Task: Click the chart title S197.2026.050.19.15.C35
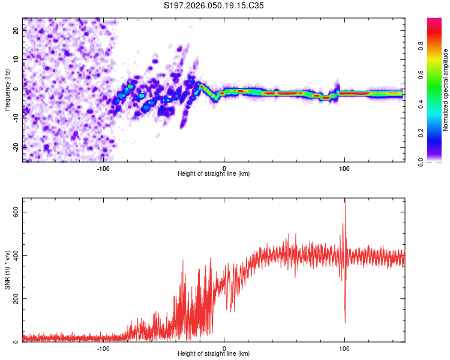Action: click(x=214, y=5)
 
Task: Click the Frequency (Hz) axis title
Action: click(x=7, y=89)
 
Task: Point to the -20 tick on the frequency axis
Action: click(x=14, y=146)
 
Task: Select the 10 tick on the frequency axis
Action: click(x=16, y=60)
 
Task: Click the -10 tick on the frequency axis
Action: click(x=14, y=118)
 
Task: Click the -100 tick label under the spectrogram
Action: click(x=103, y=168)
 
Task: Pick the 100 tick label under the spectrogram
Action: click(x=344, y=168)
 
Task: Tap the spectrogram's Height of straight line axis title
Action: click(x=214, y=174)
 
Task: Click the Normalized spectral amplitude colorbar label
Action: click(x=446, y=90)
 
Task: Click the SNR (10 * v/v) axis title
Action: click(x=7, y=270)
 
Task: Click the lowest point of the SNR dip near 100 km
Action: click(x=345, y=323)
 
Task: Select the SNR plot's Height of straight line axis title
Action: click(x=214, y=354)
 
